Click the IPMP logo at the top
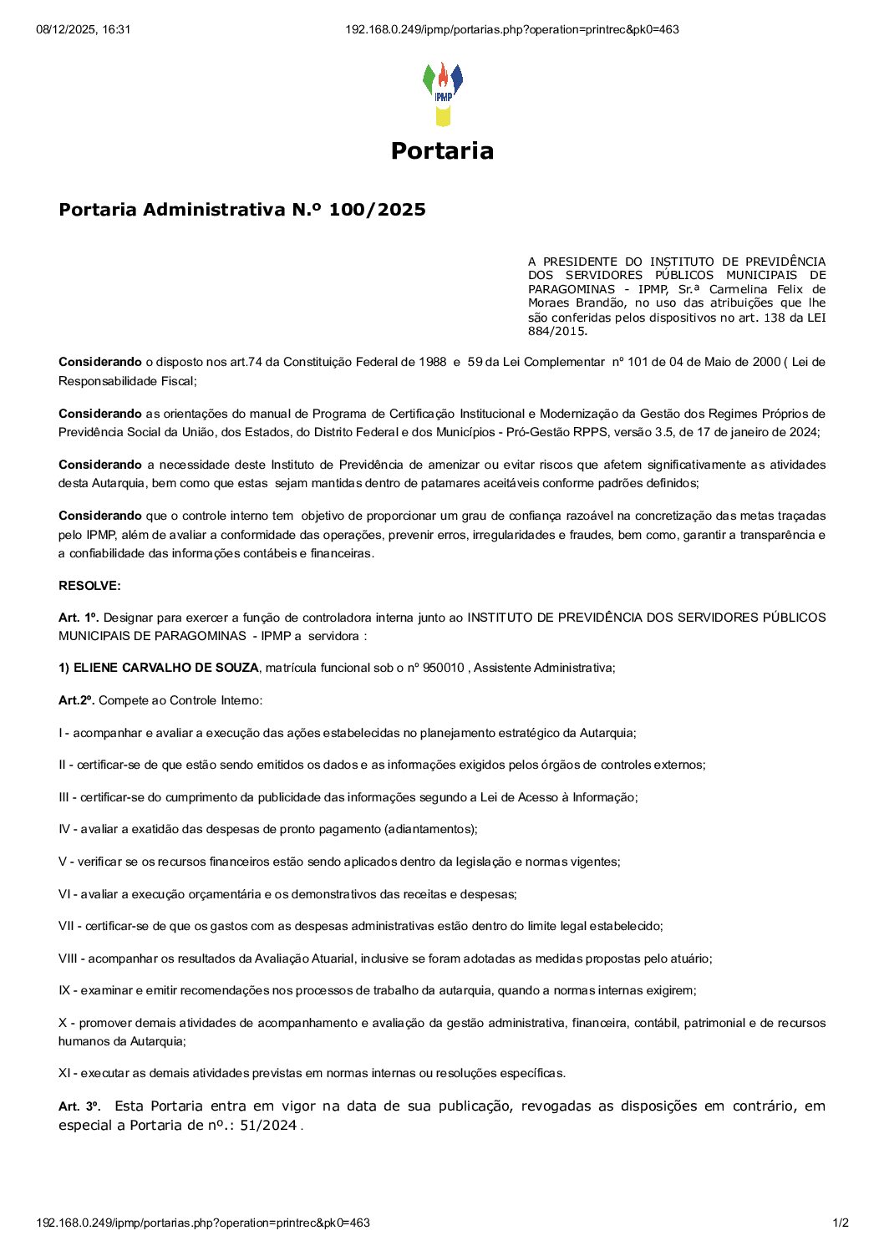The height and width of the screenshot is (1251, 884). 442,93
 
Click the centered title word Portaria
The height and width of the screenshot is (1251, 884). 442,151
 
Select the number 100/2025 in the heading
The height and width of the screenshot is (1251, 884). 378,210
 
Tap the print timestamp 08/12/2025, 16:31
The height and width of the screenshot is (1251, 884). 84,30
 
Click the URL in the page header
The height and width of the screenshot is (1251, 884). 511,30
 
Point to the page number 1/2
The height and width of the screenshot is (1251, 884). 841,1223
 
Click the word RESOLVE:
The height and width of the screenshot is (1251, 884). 89,586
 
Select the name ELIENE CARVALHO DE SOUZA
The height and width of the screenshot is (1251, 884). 167,668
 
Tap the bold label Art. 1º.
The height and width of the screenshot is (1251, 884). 79,618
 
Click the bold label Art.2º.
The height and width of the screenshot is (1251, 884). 76,700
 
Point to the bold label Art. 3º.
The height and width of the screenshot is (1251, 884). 79,1106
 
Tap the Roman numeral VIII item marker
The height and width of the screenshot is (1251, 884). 69,959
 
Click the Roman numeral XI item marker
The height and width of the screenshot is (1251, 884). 64,1073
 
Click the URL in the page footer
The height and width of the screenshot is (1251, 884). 203,1223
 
